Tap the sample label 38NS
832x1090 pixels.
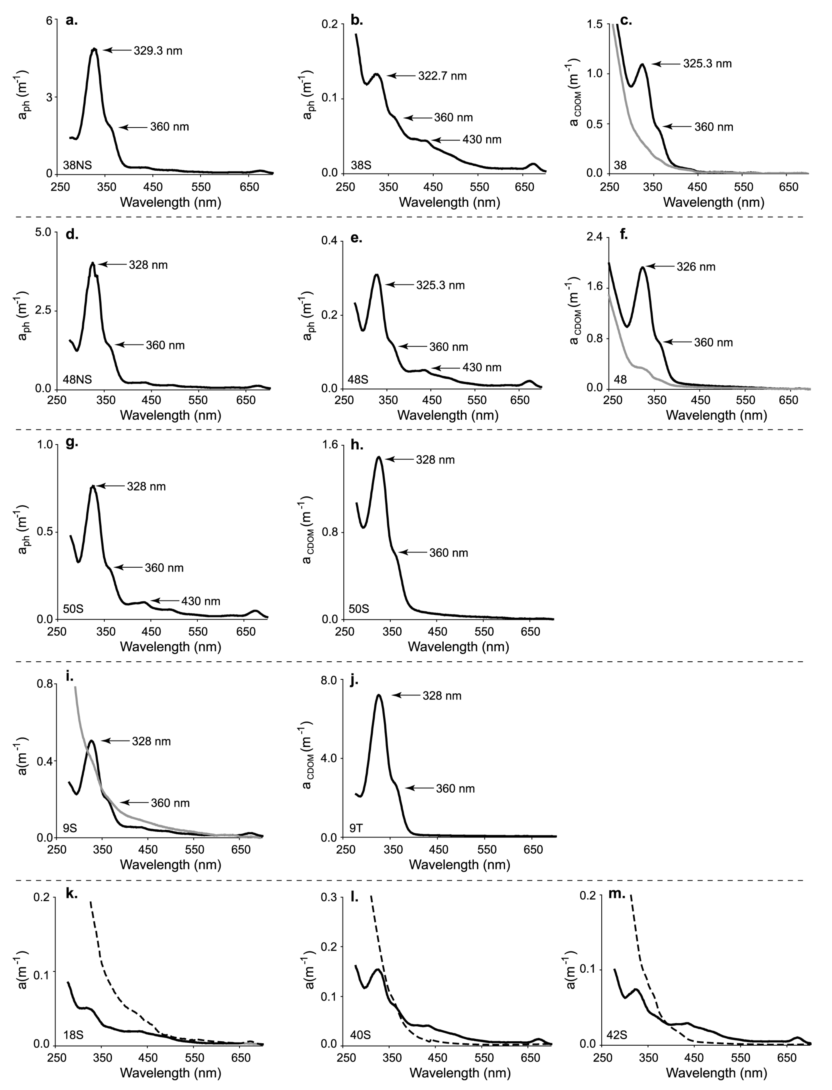click(77, 165)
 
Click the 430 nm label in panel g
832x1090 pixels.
click(201, 602)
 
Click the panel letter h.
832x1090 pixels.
click(357, 444)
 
